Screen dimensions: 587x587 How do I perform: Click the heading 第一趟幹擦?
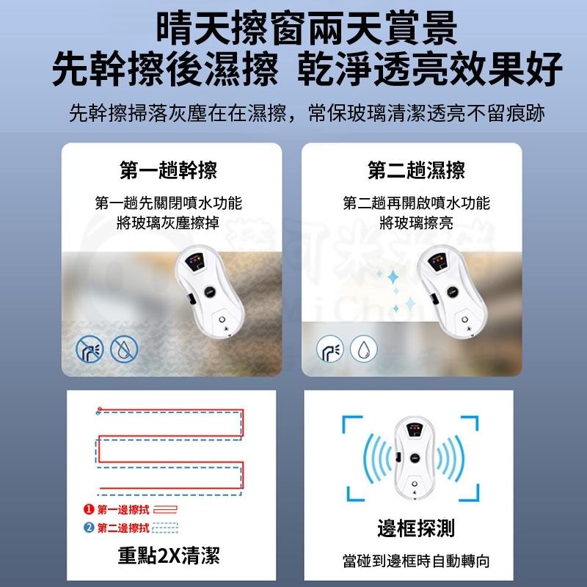coord(168,170)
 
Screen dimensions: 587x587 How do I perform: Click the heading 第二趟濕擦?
coord(416,170)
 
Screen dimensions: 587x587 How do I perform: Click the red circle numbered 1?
coord(88,509)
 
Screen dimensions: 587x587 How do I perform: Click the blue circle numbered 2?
coord(88,528)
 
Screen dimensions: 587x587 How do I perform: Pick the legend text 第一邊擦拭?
coord(123,509)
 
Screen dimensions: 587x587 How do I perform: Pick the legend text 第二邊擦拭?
coord(123,528)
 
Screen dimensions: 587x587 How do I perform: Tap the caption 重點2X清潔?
coord(169,555)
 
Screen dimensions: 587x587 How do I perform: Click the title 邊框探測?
coord(415,529)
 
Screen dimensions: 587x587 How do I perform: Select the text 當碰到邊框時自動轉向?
coord(415,561)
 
